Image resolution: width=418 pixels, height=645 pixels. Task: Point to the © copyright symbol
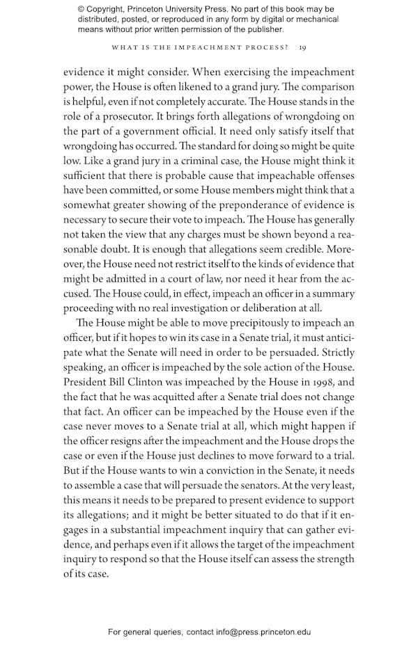pos(82,9)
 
